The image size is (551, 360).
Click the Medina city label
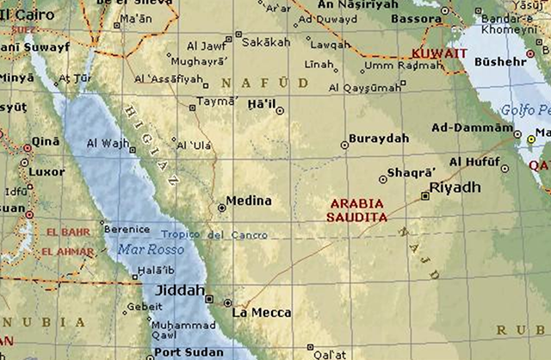248,201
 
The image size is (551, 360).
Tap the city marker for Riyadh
425,196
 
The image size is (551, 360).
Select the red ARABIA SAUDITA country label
356,211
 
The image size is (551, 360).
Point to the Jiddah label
179,290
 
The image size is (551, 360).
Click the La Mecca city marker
227,303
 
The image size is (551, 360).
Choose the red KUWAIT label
439,53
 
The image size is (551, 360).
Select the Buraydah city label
378,138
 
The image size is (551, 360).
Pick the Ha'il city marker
280,110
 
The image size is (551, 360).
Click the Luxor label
46,171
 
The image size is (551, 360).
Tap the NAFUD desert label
264,82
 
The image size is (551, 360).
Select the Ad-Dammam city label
471,127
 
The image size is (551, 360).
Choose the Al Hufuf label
474,162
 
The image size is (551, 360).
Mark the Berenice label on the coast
126,229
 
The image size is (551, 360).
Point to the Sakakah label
266,40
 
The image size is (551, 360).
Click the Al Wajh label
106,143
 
